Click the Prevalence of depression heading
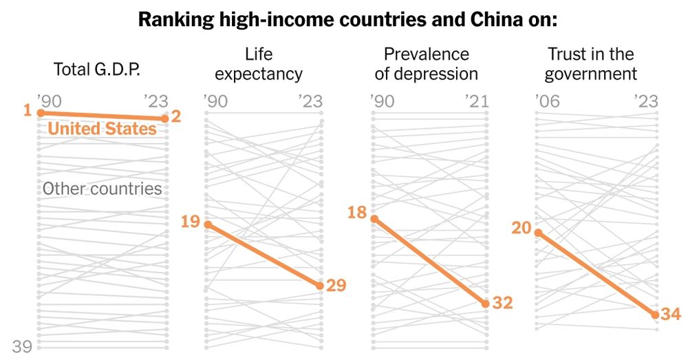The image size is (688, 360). point(426,63)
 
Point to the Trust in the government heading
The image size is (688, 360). point(590,63)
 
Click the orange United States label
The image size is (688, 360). point(103,129)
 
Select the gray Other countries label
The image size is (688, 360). point(102,189)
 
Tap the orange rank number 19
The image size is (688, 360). point(191,222)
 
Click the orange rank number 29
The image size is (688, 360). point(336,285)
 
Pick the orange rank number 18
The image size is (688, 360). point(357,213)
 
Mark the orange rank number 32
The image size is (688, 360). point(503,303)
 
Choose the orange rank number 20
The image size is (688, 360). point(522,228)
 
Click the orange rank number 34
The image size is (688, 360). point(670,315)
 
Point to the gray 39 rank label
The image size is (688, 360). point(22,346)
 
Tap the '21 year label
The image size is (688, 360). point(475,102)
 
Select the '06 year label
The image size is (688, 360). point(548,102)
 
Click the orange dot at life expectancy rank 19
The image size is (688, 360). point(208,224)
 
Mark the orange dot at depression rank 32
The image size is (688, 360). point(486,304)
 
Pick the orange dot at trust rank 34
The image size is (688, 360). point(656,315)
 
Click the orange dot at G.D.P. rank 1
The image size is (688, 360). point(41,112)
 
